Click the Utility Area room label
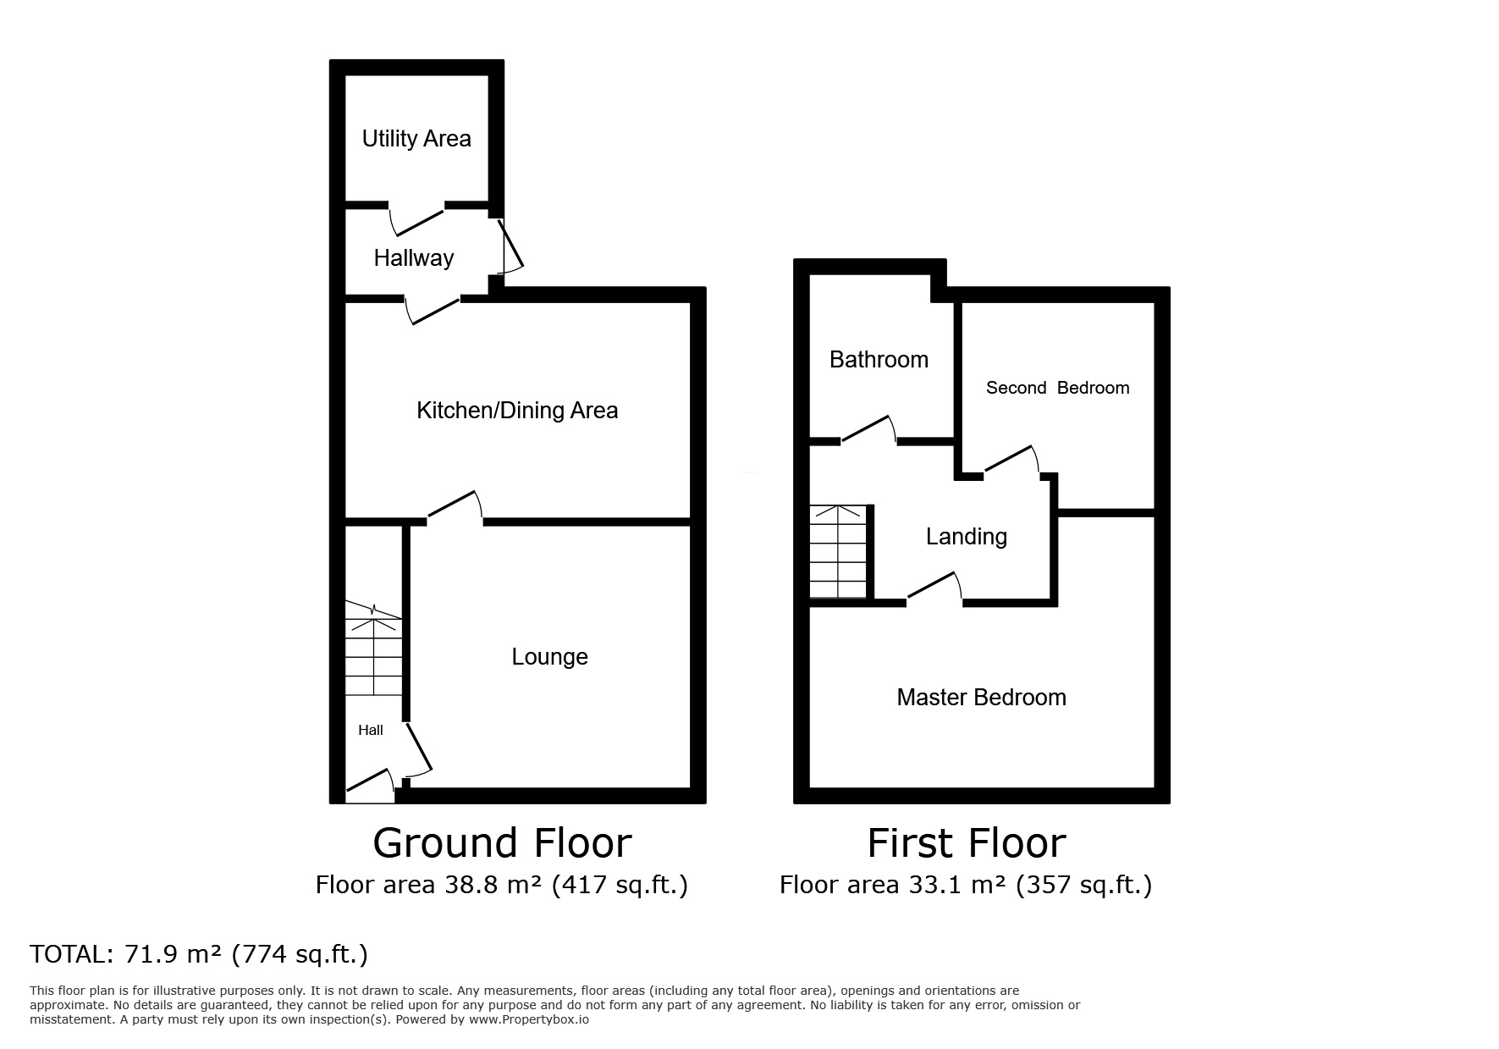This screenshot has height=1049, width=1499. click(x=416, y=139)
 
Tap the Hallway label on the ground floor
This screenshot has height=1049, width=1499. click(x=414, y=258)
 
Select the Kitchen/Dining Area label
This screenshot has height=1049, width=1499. click(x=517, y=411)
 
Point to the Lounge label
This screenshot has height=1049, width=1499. click(x=549, y=657)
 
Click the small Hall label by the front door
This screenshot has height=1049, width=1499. click(x=371, y=730)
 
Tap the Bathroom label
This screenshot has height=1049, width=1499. click(x=879, y=360)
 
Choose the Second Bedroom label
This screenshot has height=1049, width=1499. click(x=1057, y=388)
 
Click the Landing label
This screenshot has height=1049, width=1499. click(x=966, y=537)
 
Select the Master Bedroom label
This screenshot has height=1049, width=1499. click(x=981, y=698)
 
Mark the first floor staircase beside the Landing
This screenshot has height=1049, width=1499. click(x=839, y=551)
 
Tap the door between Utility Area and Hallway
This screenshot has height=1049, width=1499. click(x=417, y=218)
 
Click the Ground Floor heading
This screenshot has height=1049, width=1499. click(x=502, y=843)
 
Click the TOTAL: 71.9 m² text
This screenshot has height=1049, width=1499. click(x=198, y=954)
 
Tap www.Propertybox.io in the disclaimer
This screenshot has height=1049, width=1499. click(x=528, y=1019)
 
